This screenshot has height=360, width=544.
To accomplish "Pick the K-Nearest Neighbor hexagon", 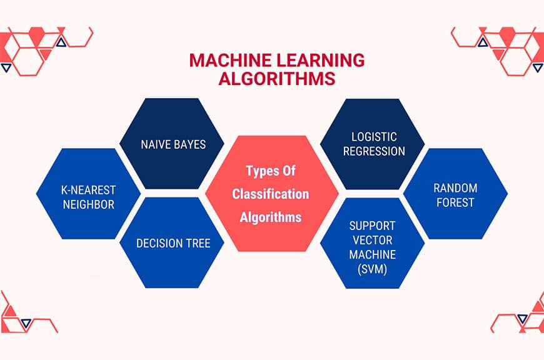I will pyautogui.click(x=88, y=195).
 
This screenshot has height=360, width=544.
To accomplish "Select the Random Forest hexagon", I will pyautogui.click(x=455, y=195).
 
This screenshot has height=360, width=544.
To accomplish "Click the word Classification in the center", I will pyautogui.click(x=271, y=194).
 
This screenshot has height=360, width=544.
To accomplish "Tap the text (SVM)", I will pyautogui.click(x=373, y=270).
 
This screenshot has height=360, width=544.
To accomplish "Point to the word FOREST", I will pyautogui.click(x=456, y=202).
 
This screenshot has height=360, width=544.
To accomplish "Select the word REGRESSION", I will pyautogui.click(x=373, y=151).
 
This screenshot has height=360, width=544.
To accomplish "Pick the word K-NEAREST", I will pyautogui.click(x=88, y=188).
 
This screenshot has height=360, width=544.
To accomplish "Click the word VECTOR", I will pyautogui.click(x=373, y=240).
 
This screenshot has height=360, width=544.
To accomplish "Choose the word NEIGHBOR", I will pyautogui.click(x=88, y=204).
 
